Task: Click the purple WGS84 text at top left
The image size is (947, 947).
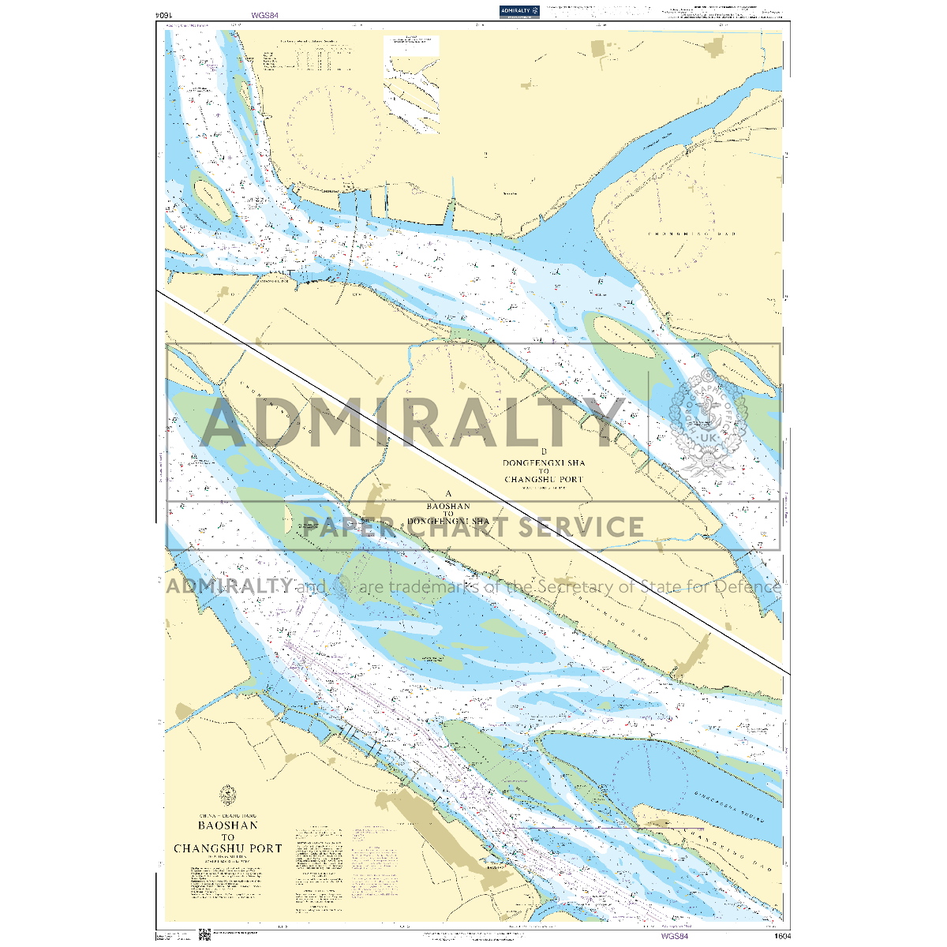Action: pyautogui.click(x=265, y=15)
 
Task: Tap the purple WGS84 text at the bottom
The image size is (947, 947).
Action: pyautogui.click(x=675, y=936)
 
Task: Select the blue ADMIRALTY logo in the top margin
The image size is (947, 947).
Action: pyautogui.click(x=519, y=10)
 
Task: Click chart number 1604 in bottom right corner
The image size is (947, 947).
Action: pyautogui.click(x=781, y=936)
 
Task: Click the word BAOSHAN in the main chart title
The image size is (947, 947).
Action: pyautogui.click(x=227, y=825)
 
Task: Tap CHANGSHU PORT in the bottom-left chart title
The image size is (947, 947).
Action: pyautogui.click(x=227, y=848)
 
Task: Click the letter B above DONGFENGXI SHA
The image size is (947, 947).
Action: pyautogui.click(x=544, y=451)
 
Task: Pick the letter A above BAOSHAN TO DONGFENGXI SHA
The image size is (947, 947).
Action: pyautogui.click(x=447, y=494)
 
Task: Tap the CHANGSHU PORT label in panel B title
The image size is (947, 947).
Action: pyautogui.click(x=544, y=480)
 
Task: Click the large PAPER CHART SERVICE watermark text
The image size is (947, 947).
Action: pyautogui.click(x=473, y=526)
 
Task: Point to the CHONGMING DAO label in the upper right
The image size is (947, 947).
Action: pyautogui.click(x=680, y=234)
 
